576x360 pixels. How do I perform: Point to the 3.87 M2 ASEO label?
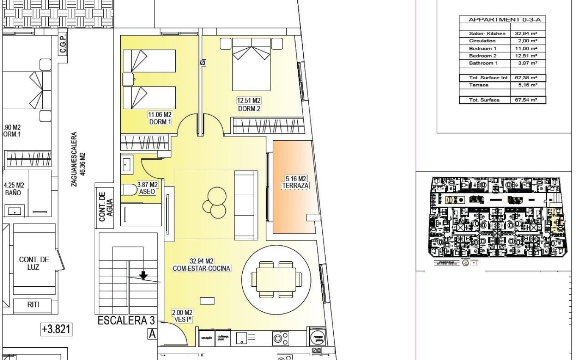[147, 188]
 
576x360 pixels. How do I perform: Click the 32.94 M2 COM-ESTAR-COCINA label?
[201, 264]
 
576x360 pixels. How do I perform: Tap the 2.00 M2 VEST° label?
[182, 316]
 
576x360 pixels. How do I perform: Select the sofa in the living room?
[246, 205]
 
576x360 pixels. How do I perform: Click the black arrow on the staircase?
[144, 276]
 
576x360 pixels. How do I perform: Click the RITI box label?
[32, 305]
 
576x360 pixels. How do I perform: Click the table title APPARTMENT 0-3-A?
[502, 19]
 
